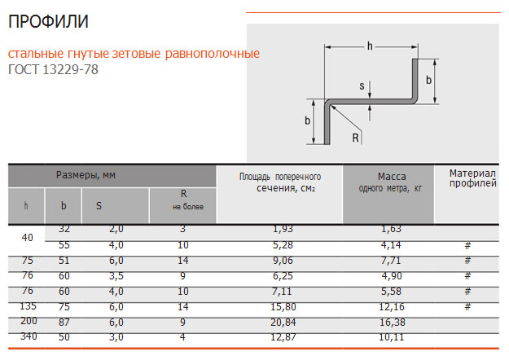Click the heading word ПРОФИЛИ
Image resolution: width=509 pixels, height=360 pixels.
(48, 22)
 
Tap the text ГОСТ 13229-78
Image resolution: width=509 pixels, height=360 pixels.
(53, 69)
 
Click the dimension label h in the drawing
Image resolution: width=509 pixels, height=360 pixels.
(370, 46)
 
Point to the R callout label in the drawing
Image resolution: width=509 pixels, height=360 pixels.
(355, 138)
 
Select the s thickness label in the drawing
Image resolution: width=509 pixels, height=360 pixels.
(362, 86)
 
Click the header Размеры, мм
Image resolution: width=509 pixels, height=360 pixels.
(86, 175)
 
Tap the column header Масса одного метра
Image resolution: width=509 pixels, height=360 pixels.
(391, 182)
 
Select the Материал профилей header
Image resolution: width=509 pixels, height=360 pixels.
(472, 178)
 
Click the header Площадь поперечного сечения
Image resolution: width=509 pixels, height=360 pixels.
(280, 182)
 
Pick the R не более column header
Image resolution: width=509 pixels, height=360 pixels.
(187, 200)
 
